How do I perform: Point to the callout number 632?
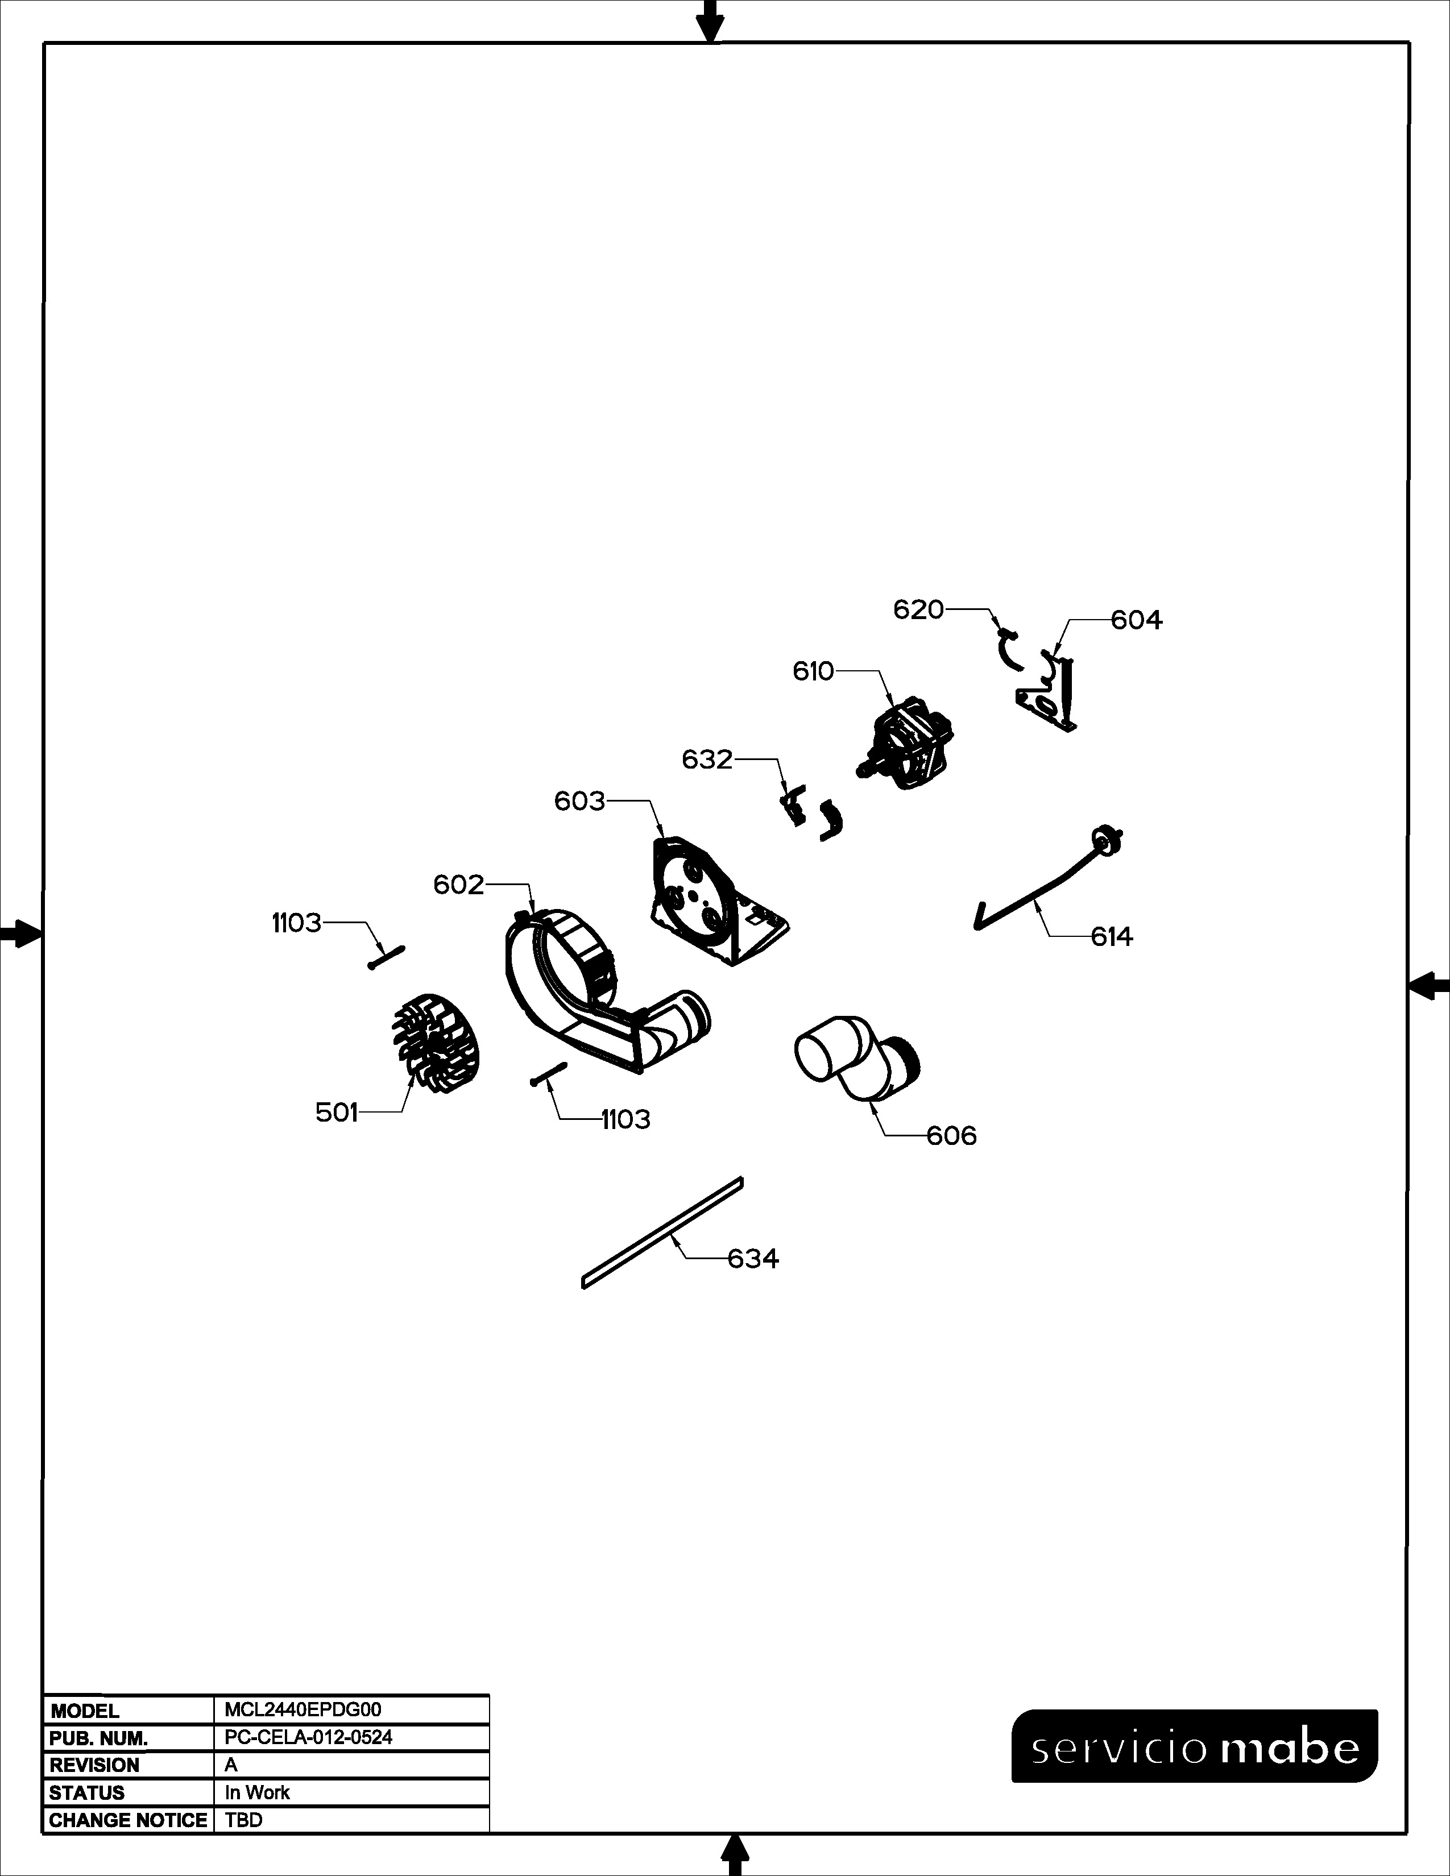(707, 759)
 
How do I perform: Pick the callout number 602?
(459, 885)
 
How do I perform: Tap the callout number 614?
(1112, 936)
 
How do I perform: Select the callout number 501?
(337, 1113)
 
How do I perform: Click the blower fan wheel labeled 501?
(436, 1044)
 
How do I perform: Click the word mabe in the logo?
(1290, 1748)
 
